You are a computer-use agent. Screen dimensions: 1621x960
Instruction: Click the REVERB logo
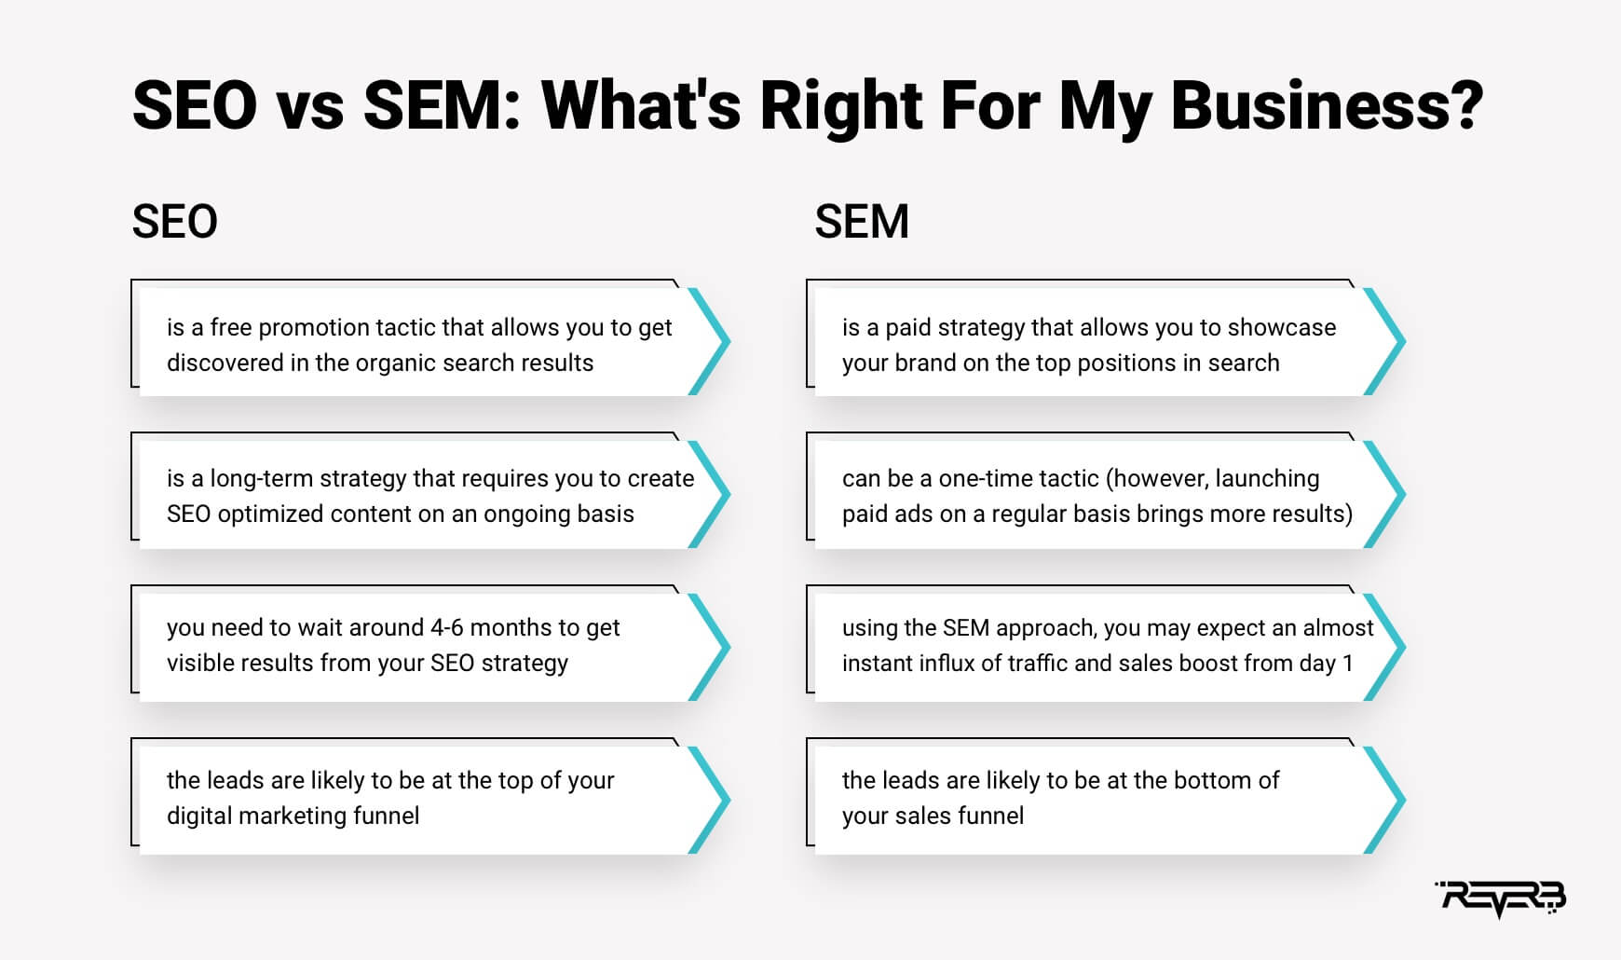click(x=1501, y=898)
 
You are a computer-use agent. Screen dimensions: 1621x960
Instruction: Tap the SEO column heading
click(x=174, y=222)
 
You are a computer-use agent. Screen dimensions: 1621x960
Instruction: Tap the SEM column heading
click(x=862, y=222)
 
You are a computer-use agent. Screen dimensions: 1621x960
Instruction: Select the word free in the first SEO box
click(x=230, y=327)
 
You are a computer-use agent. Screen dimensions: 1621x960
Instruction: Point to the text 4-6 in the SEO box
click(x=446, y=627)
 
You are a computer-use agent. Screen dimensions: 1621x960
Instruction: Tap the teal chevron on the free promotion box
click(x=710, y=341)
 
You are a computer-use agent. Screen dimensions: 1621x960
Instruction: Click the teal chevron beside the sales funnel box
click(x=1385, y=800)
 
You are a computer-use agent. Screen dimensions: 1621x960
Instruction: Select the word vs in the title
click(x=309, y=104)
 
